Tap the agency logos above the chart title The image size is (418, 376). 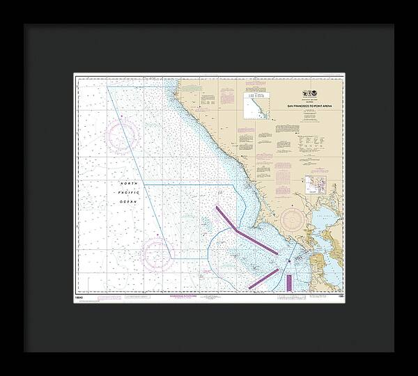pyautogui.click(x=310, y=94)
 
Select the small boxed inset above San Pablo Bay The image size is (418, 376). pyautogui.click(x=316, y=185)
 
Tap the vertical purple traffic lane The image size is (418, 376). pyautogui.click(x=289, y=282)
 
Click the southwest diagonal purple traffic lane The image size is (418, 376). pyautogui.click(x=263, y=276)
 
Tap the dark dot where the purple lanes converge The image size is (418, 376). pyautogui.click(x=289, y=261)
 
